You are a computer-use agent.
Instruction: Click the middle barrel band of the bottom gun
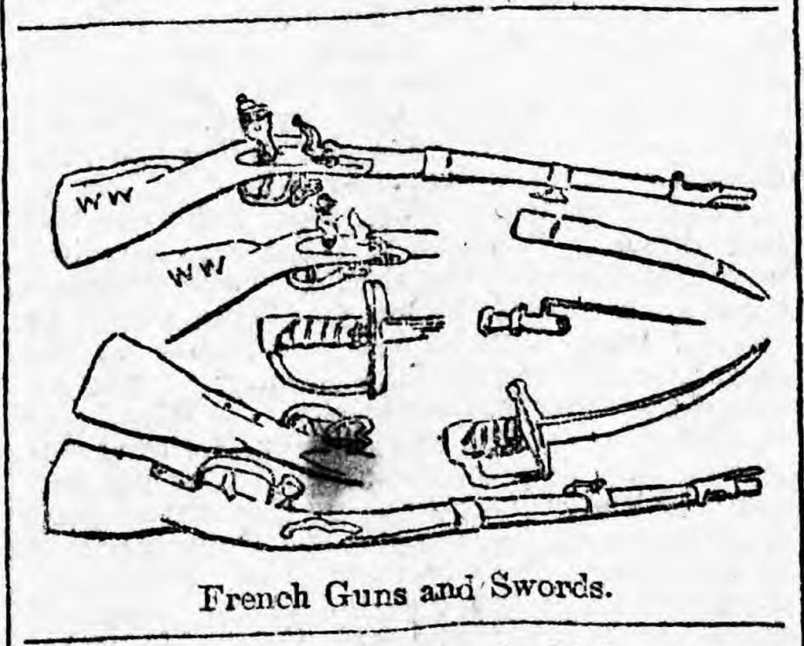tap(467, 512)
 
